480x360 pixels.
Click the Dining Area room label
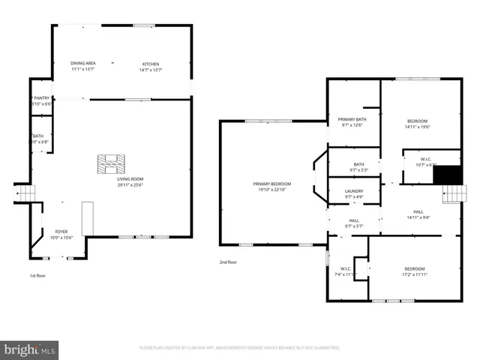point(82,64)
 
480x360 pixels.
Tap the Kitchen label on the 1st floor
point(151,64)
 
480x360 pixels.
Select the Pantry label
point(41,98)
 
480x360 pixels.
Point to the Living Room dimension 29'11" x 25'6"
point(130,185)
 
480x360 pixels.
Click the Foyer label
point(61,232)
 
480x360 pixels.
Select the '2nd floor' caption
point(227,262)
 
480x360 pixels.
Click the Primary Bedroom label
point(271,184)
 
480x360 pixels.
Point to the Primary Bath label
point(352,120)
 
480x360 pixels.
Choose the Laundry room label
point(354,191)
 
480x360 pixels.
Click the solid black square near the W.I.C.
point(448,174)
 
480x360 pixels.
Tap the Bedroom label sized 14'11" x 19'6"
point(418,121)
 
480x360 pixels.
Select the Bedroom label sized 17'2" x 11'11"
point(415,268)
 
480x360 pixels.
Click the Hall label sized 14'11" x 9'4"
point(418,212)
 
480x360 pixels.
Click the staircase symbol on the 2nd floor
point(452,195)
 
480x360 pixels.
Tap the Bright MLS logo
point(30,349)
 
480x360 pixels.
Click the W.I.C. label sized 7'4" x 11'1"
point(345,268)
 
